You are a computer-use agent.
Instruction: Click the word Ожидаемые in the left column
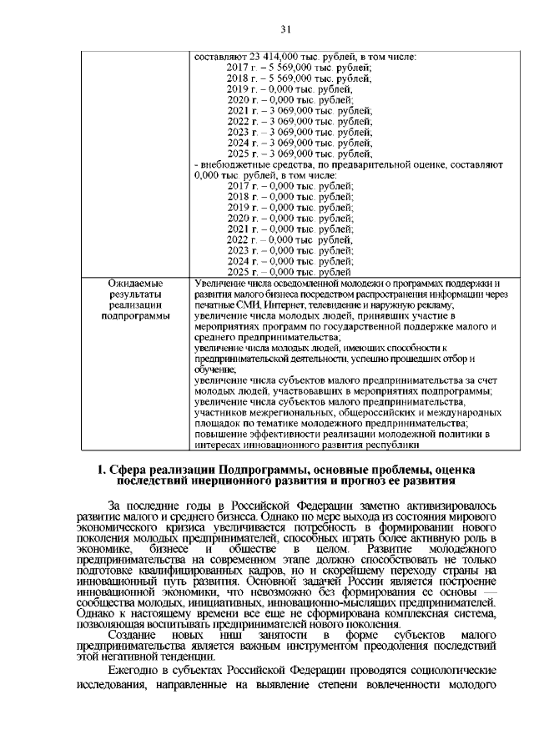pyautogui.click(x=129, y=284)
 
